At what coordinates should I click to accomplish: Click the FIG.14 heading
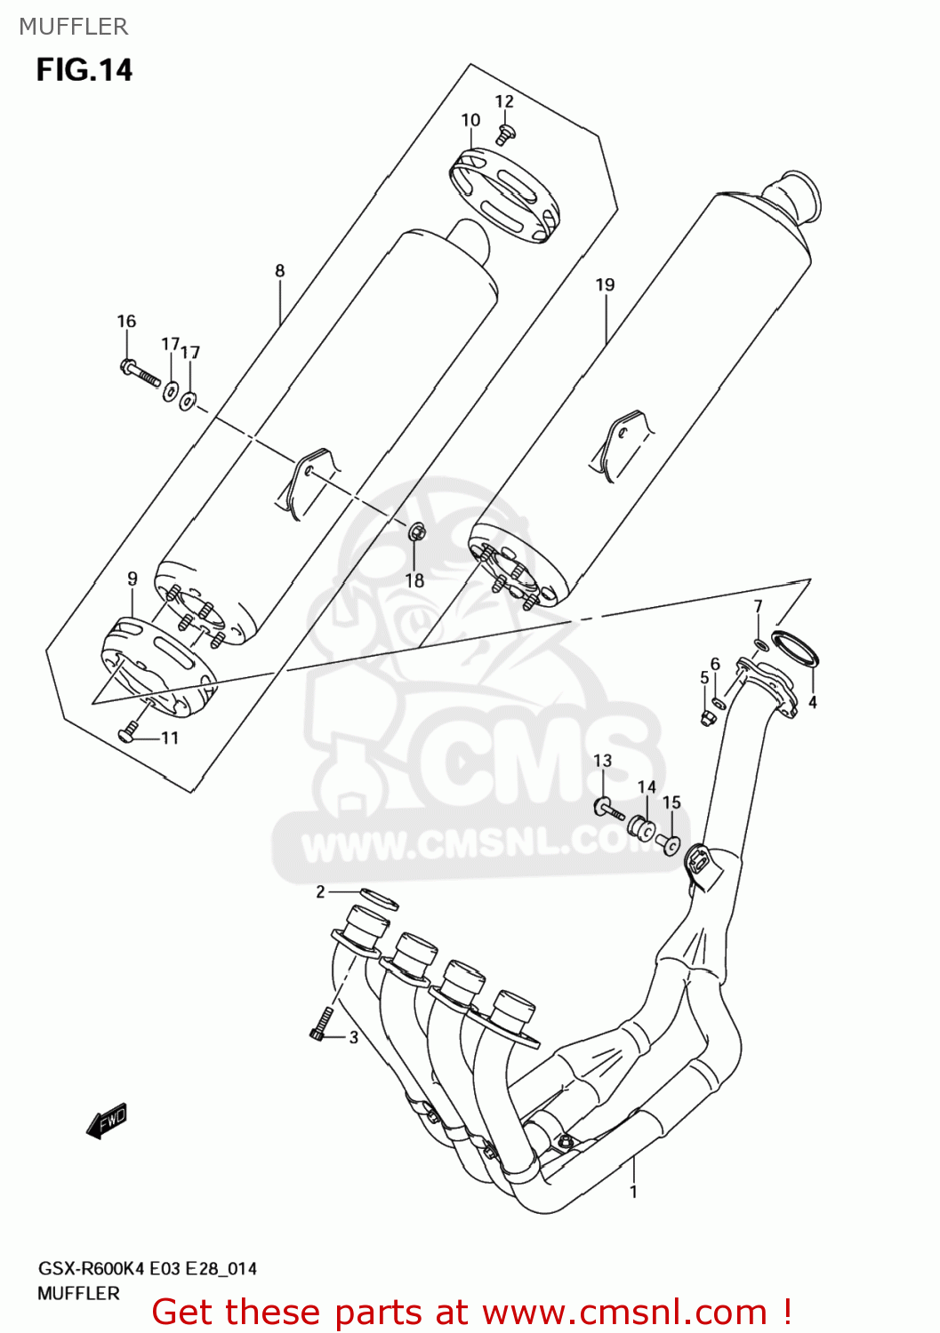[x=84, y=70]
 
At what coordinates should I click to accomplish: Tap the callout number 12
[x=504, y=101]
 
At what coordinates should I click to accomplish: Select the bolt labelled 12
[x=505, y=134]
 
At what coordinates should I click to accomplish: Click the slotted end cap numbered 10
[x=504, y=195]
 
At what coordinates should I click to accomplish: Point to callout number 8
[x=280, y=271]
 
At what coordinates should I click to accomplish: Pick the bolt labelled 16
[x=140, y=372]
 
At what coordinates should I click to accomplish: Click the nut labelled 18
[x=417, y=532]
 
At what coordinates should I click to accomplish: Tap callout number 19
[x=605, y=285]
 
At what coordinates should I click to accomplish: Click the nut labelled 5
[x=708, y=716]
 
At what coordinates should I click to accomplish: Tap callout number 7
[x=758, y=606]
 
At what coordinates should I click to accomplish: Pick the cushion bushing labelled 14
[x=639, y=826]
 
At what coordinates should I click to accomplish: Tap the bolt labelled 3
[x=321, y=1023]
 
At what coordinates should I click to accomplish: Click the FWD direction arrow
[x=108, y=1121]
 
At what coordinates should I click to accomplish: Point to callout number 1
[x=633, y=1192]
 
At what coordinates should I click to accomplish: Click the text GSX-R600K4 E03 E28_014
[x=147, y=1269]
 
